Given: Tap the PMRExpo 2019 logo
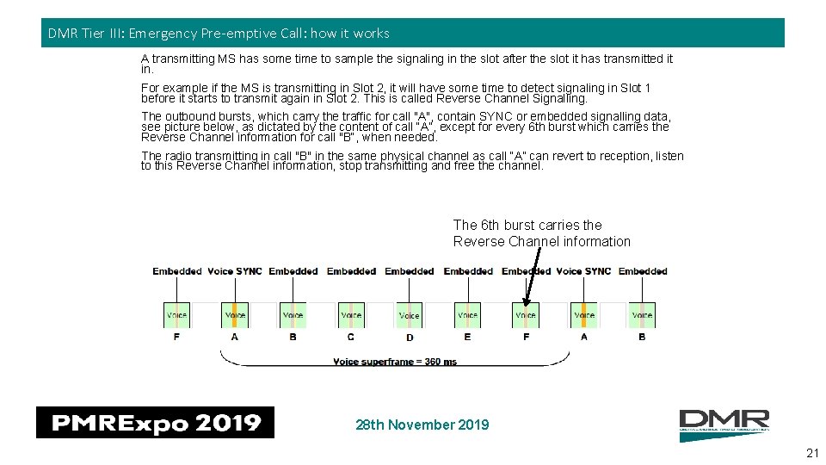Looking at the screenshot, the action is pyautogui.click(x=155, y=423).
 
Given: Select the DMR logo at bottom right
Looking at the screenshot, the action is pyautogui.click(x=724, y=425).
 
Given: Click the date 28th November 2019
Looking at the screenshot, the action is pyautogui.click(x=422, y=425).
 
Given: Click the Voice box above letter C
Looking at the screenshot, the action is pyautogui.click(x=351, y=315).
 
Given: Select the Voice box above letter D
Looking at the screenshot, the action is pyautogui.click(x=410, y=315).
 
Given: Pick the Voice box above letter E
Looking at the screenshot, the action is pyautogui.click(x=467, y=315).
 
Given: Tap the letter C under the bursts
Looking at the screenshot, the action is pyautogui.click(x=351, y=337).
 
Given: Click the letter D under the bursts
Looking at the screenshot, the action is pyautogui.click(x=410, y=338).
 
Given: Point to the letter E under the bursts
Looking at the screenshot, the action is pyautogui.click(x=467, y=337).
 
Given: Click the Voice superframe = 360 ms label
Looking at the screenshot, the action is pyautogui.click(x=395, y=362).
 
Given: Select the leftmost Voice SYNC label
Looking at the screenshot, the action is pyautogui.click(x=234, y=271).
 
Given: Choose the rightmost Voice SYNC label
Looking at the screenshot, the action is pyautogui.click(x=583, y=271).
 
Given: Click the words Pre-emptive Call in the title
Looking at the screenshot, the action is pyautogui.click(x=252, y=34).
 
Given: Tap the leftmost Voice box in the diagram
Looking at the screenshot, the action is pyautogui.click(x=176, y=315).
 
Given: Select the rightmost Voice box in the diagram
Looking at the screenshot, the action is pyautogui.click(x=642, y=315).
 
